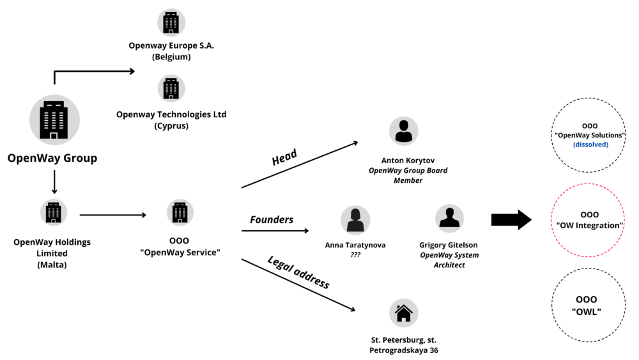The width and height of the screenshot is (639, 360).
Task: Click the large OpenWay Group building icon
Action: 54,120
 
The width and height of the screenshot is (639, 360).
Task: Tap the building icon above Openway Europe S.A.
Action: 171,22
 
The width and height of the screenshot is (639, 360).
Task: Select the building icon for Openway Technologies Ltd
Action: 171,88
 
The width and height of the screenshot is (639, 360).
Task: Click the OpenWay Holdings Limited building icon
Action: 54,212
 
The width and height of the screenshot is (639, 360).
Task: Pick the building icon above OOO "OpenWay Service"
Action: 180,212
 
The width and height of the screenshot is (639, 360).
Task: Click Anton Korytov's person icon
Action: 403,131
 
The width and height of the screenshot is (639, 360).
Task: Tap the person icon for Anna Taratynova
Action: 355,220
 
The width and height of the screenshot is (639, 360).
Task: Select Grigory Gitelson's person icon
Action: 449,218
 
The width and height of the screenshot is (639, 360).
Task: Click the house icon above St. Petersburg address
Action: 403,313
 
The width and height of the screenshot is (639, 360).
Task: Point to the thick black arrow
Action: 511,220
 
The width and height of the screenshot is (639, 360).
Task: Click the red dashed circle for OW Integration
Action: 589,220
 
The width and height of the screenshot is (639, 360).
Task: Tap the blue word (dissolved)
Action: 590,145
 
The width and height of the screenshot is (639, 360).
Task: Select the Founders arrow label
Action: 272,219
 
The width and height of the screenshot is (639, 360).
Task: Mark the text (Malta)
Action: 52,264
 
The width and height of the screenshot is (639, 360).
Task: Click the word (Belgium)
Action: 171,57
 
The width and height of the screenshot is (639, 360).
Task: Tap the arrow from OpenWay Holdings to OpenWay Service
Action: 112,215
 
